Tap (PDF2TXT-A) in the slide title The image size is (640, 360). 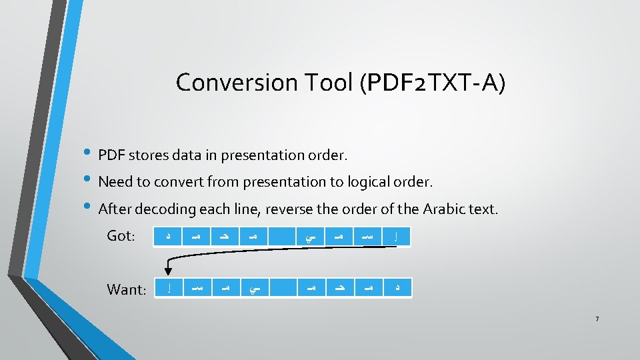coord(433,83)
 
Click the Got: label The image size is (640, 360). coord(121,236)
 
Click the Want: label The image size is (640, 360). coord(126,289)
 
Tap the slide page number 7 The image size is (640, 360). coord(597,319)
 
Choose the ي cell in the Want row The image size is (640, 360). coord(253,288)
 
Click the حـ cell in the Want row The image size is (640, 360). coord(340,288)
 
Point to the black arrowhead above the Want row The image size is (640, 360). coord(167,271)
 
